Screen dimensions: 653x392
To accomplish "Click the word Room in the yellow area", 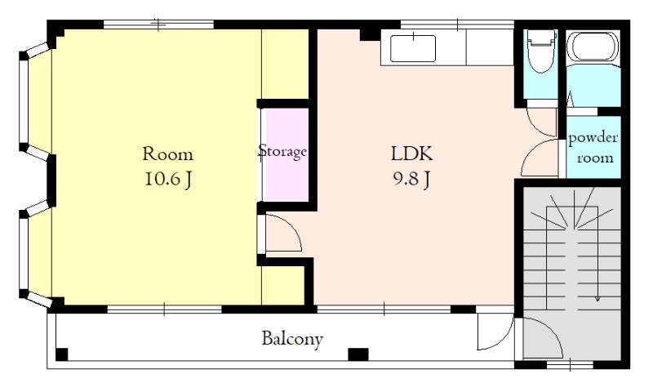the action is tap(168, 154).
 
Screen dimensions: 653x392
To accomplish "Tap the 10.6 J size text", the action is tap(168, 180).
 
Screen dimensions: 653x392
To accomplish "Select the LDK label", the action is tap(412, 154).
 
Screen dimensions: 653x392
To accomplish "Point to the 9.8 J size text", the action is tap(411, 179).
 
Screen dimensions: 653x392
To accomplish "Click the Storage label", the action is tap(282, 151).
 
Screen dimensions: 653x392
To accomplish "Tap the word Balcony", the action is tap(292, 339).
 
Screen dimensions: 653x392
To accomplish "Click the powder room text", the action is tap(593, 148).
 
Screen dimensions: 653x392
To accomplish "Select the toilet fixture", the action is tap(541, 50).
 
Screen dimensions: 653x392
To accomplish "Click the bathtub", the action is tap(593, 47).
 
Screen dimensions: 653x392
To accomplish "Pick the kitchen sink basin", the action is tap(413, 49).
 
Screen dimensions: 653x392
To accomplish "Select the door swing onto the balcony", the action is tap(495, 331).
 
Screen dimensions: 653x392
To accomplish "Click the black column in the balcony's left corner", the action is tap(62, 354).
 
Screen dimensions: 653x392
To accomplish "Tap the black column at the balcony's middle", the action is tap(358, 354).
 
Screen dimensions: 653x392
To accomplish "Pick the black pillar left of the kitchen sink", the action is tap(370, 34).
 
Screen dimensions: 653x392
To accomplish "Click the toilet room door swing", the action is tap(542, 122).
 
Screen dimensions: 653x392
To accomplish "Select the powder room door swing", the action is tap(540, 158).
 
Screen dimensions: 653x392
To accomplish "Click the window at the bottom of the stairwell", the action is tap(570, 365).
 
